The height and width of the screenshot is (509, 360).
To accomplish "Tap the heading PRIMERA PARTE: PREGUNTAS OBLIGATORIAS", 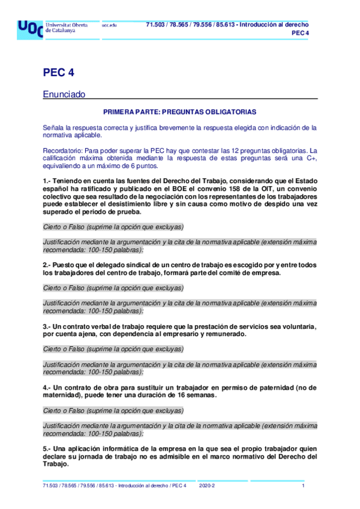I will click(x=180, y=112).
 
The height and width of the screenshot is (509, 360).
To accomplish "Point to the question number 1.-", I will click(x=47, y=181).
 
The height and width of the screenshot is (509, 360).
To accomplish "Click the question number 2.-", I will click(x=47, y=265).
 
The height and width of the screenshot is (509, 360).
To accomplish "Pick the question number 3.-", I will click(x=47, y=326).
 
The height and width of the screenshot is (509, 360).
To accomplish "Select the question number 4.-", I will click(x=47, y=387).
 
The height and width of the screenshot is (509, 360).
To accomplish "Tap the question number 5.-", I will click(x=47, y=448).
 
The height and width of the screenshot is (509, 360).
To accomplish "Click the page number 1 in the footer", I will click(x=304, y=485).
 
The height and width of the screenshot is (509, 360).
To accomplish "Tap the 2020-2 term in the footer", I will click(x=207, y=485).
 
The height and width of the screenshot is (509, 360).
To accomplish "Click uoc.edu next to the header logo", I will click(x=109, y=25).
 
